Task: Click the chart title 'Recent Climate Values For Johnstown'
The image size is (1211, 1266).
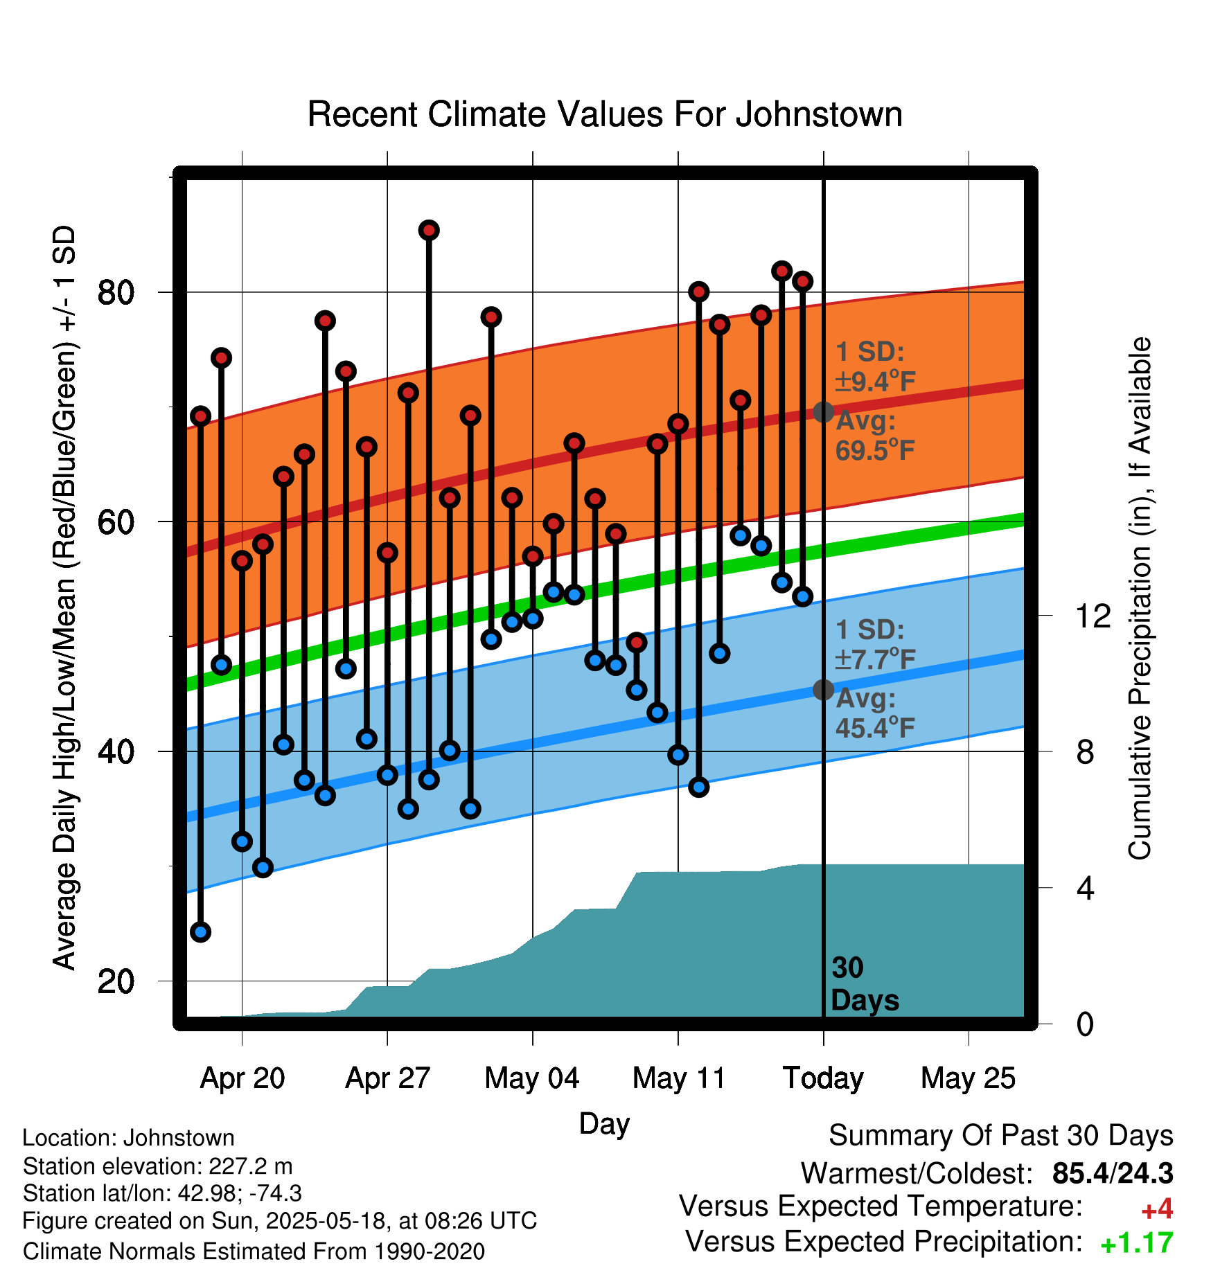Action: [605, 114]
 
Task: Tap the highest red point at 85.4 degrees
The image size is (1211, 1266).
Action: [429, 230]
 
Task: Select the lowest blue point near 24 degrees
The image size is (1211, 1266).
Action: [201, 931]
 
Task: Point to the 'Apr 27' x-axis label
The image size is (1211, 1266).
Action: [387, 1078]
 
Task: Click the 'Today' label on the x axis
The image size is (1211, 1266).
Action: [823, 1078]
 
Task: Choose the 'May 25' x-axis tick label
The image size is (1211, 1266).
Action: [968, 1078]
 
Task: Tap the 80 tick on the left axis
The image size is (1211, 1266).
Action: [116, 292]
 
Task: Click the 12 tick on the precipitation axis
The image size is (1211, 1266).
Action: [1093, 616]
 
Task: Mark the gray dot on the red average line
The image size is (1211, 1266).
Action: [823, 412]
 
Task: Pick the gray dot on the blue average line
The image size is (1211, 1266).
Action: [823, 690]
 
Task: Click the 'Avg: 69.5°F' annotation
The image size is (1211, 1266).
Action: [874, 436]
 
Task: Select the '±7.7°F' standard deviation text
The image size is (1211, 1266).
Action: [875, 659]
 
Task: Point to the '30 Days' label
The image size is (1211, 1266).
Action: [864, 984]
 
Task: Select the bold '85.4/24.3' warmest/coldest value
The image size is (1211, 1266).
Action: [1112, 1173]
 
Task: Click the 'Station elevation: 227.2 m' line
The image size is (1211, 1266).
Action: [157, 1166]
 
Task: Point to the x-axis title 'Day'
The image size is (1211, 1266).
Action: [604, 1123]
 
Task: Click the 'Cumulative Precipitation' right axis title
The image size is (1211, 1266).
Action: [1140, 598]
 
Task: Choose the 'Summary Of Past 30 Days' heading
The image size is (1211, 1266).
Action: [1000, 1136]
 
